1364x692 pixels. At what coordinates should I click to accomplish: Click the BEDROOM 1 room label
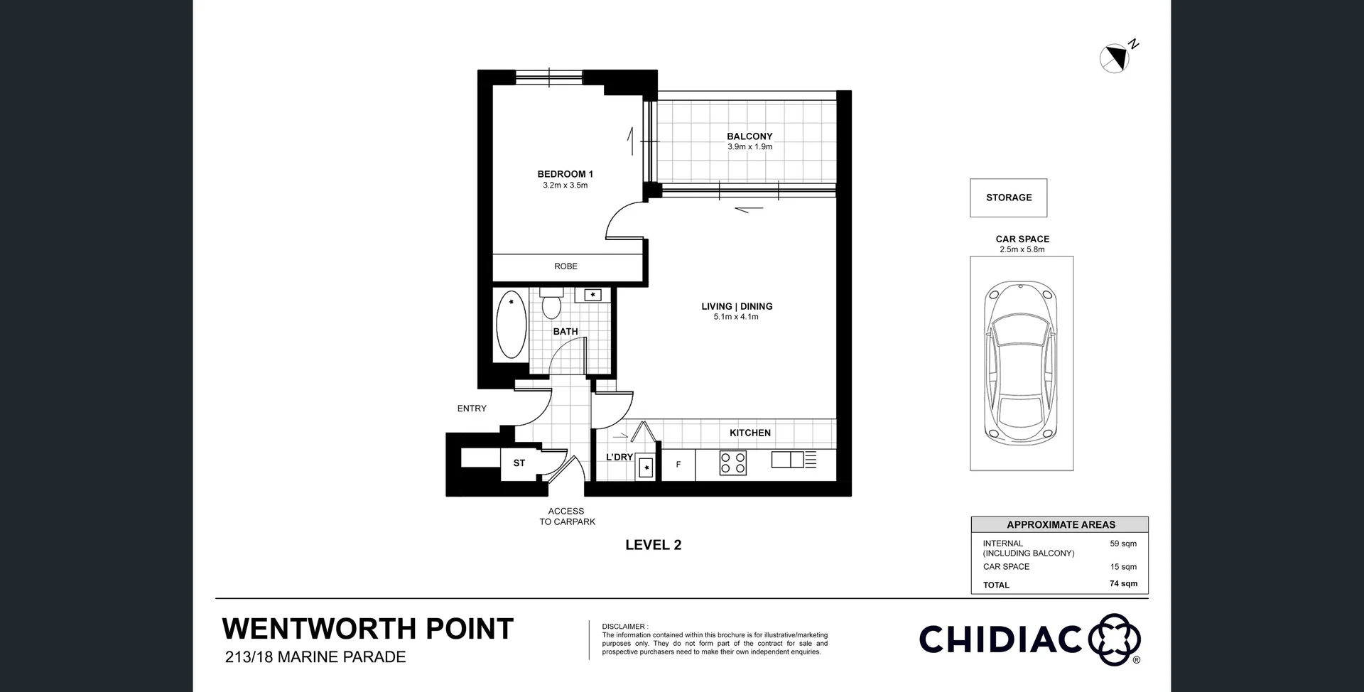[565, 174]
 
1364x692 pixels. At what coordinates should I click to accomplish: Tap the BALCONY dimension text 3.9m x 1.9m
[749, 147]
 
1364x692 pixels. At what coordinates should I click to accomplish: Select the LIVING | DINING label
[737, 306]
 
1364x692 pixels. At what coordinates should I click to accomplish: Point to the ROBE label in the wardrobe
[565, 266]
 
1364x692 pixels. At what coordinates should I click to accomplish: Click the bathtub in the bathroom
[511, 327]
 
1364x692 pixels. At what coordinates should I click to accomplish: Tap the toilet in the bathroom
[551, 304]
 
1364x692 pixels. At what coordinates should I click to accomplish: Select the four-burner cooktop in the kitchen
[732, 463]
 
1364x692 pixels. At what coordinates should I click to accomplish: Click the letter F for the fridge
[678, 465]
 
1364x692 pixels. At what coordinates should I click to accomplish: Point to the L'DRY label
[619, 457]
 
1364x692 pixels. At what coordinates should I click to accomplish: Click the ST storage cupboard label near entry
[519, 463]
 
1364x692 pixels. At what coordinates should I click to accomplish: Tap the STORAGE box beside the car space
[1008, 198]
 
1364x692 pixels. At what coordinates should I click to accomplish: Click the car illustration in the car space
[1021, 362]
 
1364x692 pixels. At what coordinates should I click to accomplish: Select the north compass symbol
[1115, 58]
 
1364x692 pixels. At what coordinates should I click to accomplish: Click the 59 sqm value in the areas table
[1122, 544]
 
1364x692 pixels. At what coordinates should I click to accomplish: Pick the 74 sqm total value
[1123, 584]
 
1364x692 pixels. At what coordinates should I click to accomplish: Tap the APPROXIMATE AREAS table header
[1060, 525]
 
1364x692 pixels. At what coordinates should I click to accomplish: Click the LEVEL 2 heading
[653, 545]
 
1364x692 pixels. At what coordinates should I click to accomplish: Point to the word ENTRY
[472, 409]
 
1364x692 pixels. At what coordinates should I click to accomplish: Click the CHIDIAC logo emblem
[1113, 639]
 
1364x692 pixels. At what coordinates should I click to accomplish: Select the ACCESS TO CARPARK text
[567, 517]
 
